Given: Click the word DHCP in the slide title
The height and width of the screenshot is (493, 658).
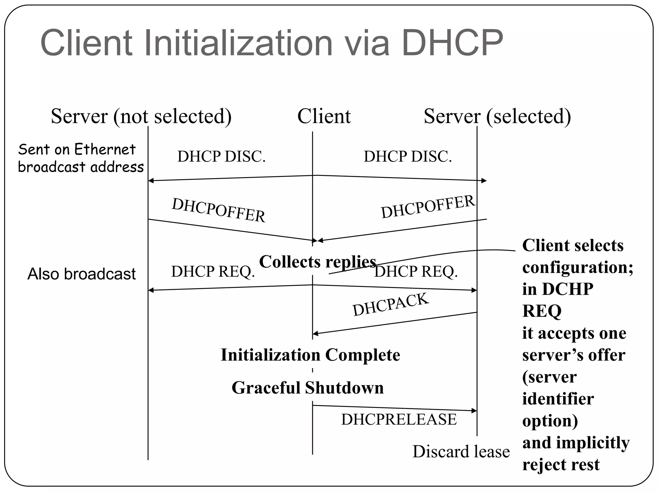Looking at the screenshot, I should pyautogui.click(x=452, y=43).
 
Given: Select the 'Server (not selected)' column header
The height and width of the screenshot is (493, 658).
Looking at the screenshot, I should pyautogui.click(x=141, y=116).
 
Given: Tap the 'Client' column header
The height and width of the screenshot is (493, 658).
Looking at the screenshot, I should pyautogui.click(x=324, y=116).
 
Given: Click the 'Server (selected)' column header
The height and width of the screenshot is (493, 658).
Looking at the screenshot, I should pyautogui.click(x=497, y=116).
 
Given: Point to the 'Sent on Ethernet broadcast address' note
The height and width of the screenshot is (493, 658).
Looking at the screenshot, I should pyautogui.click(x=80, y=158).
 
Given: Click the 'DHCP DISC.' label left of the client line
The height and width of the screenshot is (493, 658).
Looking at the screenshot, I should pyautogui.click(x=221, y=157).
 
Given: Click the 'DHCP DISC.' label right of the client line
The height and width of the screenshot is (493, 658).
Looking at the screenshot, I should pyautogui.click(x=407, y=157).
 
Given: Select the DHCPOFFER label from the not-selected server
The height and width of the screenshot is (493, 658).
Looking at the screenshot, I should pyautogui.click(x=218, y=210).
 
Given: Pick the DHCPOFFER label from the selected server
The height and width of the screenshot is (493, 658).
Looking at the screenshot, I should pyautogui.click(x=428, y=207).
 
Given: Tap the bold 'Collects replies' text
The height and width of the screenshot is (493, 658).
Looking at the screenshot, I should pyautogui.click(x=317, y=262).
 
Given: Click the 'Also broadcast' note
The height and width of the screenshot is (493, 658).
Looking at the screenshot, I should pyautogui.click(x=81, y=274).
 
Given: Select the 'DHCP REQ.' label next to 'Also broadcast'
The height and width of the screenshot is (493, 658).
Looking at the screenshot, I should pyautogui.click(x=213, y=272).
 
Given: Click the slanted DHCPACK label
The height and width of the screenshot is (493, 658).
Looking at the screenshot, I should pyautogui.click(x=390, y=305).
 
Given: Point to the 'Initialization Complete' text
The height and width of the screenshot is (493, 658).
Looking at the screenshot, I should pyautogui.click(x=310, y=355).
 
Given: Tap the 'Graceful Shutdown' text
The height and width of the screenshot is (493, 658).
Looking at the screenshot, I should pyautogui.click(x=307, y=388).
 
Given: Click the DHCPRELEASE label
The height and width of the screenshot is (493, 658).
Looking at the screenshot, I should pyautogui.click(x=399, y=419).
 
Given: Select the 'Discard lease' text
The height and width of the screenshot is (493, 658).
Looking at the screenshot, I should pyautogui.click(x=461, y=452).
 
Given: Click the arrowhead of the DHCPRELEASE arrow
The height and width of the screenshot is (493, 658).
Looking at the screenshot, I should pyautogui.click(x=474, y=411).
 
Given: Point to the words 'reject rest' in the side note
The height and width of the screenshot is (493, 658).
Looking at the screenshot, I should pyautogui.click(x=561, y=464).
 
